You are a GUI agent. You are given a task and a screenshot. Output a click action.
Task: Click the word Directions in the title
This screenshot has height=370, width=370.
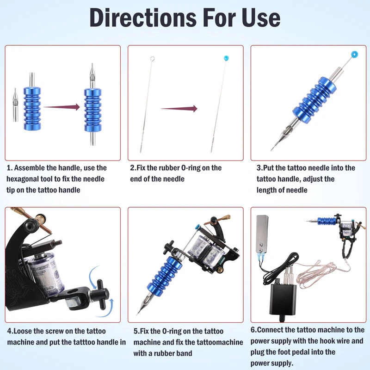point(143,18)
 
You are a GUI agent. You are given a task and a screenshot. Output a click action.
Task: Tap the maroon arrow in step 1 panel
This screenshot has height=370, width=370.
point(62,107)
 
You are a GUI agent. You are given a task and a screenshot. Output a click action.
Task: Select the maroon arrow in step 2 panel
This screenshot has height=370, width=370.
point(179,109)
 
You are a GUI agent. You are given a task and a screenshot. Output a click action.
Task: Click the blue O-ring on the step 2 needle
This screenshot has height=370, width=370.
point(226,58)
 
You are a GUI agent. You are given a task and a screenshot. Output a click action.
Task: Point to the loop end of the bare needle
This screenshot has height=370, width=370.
point(152,58)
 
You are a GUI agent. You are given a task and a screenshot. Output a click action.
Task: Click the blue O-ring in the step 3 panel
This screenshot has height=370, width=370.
point(354,54)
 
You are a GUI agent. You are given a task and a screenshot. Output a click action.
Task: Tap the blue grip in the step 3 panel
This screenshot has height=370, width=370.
point(314,100)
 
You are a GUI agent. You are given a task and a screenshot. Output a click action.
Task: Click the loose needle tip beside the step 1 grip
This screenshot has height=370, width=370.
point(15,105)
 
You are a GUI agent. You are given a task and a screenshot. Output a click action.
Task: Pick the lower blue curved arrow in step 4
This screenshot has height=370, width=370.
point(107,310)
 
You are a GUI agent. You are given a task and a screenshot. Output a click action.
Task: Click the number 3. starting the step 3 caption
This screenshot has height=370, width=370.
point(259,168)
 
